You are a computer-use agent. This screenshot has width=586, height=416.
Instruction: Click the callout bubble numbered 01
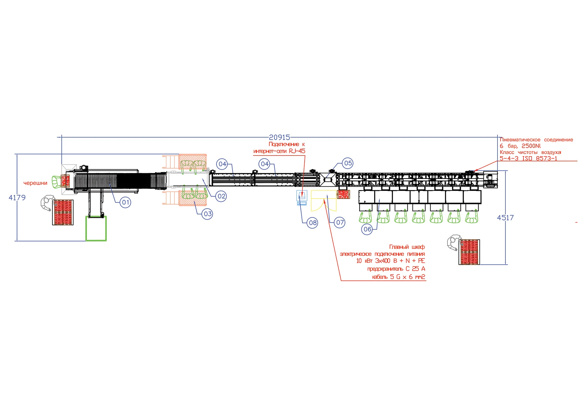pos(125,202)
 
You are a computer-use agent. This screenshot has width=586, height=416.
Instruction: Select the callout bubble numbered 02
pos(221,196)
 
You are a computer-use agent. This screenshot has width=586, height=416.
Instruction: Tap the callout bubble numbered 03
pos(208,214)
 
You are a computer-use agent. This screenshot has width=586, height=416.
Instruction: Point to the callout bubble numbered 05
pos(348,163)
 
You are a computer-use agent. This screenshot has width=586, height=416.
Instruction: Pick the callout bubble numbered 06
pos(367,229)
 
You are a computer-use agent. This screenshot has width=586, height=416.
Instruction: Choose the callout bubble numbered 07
pos(340,223)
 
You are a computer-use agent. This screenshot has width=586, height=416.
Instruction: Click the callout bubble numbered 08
pos(313,223)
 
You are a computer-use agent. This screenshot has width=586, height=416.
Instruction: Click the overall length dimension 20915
pos(279,138)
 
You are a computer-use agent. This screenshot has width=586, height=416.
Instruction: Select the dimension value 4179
pos(17,198)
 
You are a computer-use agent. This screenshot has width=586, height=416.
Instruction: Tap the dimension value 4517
pos(505,218)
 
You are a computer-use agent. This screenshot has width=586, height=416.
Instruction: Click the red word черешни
pos(35,183)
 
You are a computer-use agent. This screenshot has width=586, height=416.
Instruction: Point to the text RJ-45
pos(297,151)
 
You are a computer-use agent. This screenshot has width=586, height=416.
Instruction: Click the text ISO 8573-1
pos(540,159)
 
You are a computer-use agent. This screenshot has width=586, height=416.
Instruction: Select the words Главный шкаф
pos(407,247)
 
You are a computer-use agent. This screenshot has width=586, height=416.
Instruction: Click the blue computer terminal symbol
pos(302,198)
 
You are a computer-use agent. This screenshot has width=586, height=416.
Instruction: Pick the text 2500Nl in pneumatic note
pos(531,146)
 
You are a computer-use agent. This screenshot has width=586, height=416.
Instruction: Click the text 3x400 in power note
pos(382,261)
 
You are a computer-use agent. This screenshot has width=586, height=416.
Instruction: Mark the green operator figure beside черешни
pos(56,182)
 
